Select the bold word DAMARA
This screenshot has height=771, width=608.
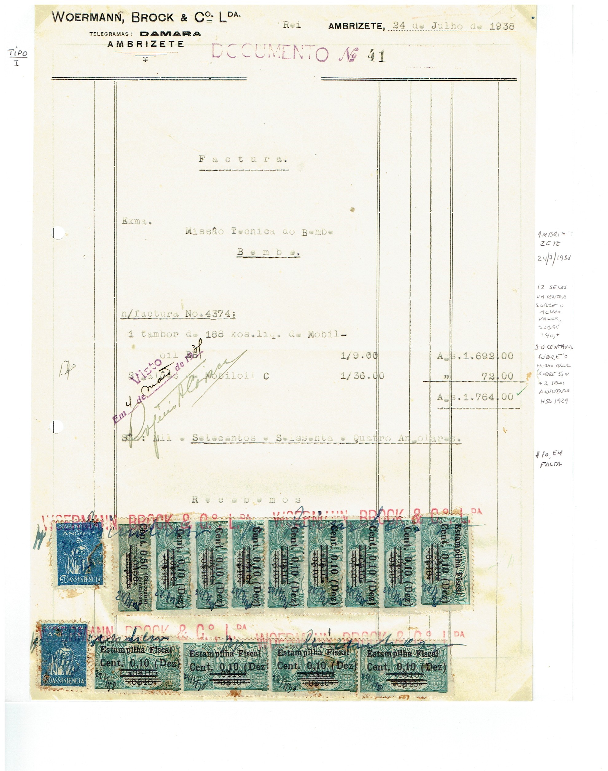[x=170, y=34]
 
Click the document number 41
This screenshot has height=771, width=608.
[x=376, y=56]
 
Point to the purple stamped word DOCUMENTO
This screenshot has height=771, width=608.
[x=270, y=53]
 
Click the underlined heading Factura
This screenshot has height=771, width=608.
[x=243, y=159]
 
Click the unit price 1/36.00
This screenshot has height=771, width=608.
[x=362, y=376]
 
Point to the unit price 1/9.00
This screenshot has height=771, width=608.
[x=359, y=356]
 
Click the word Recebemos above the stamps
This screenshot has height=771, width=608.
[x=246, y=500]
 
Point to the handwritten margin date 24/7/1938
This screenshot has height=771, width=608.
[x=554, y=258]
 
